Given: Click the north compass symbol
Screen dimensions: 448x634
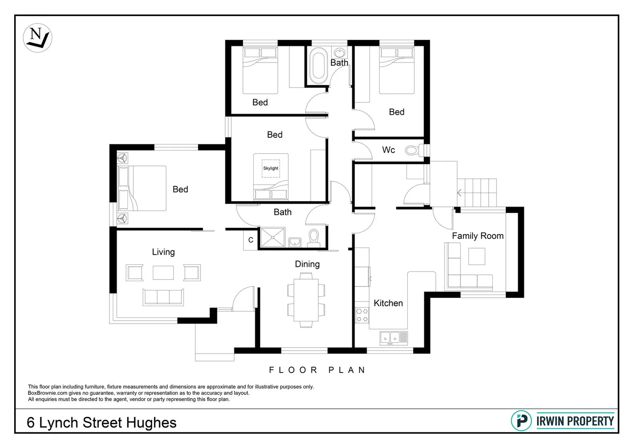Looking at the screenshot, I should point(37,38).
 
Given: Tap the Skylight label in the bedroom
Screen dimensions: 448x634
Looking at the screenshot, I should point(271,168).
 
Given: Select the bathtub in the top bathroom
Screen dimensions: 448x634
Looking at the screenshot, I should point(318,64).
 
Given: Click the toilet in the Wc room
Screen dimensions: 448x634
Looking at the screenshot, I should point(412,150).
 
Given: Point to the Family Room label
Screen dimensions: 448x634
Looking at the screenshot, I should point(477,236).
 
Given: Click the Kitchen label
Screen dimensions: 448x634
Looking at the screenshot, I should point(388,303).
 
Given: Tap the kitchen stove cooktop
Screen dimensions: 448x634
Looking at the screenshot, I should point(362,315).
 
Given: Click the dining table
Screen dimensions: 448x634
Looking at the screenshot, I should point(306,299).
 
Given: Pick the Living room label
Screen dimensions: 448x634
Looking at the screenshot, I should point(163,252).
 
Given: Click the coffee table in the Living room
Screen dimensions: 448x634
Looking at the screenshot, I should point(163,273).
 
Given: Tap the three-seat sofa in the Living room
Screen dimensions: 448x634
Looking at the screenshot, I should point(163,297).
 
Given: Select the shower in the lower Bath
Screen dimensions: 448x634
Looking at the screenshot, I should point(272,238).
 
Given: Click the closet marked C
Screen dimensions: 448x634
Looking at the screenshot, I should point(251,240).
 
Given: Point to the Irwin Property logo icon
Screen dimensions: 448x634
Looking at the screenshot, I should point(521,421).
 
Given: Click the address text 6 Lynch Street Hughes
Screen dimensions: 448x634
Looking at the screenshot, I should point(102,423).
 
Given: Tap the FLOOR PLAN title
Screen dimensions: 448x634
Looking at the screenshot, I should point(317,370).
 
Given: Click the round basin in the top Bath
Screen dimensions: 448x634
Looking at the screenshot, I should point(340,53).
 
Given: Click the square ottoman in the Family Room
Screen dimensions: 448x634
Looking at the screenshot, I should point(477,256).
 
